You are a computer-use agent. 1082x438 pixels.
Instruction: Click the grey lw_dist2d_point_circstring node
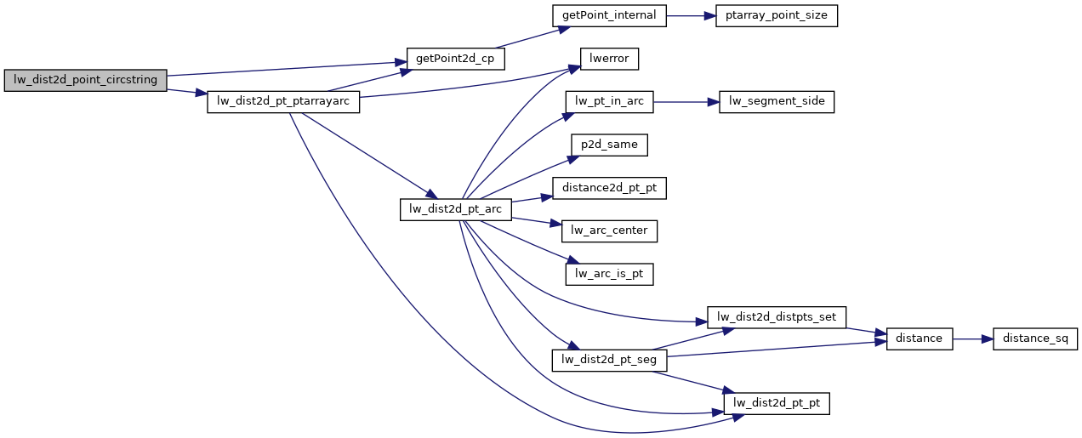85,81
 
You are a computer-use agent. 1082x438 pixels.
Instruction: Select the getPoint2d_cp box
455,59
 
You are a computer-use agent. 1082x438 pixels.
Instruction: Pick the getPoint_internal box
608,15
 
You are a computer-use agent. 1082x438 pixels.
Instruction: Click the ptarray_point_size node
777,15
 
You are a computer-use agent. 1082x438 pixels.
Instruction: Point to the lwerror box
609,59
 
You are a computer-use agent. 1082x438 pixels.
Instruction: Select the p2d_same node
609,145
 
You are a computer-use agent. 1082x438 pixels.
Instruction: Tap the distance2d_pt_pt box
609,189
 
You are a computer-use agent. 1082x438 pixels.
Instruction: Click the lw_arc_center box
609,230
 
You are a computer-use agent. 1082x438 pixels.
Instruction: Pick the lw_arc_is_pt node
609,274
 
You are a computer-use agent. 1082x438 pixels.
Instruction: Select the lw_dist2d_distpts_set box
777,317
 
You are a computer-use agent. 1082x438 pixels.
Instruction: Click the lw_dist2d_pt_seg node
609,361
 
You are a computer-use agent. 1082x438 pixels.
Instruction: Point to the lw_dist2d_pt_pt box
777,403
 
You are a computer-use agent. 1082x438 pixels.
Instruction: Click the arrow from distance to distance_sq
973,338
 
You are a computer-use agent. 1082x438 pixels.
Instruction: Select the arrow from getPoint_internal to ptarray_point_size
691,15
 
